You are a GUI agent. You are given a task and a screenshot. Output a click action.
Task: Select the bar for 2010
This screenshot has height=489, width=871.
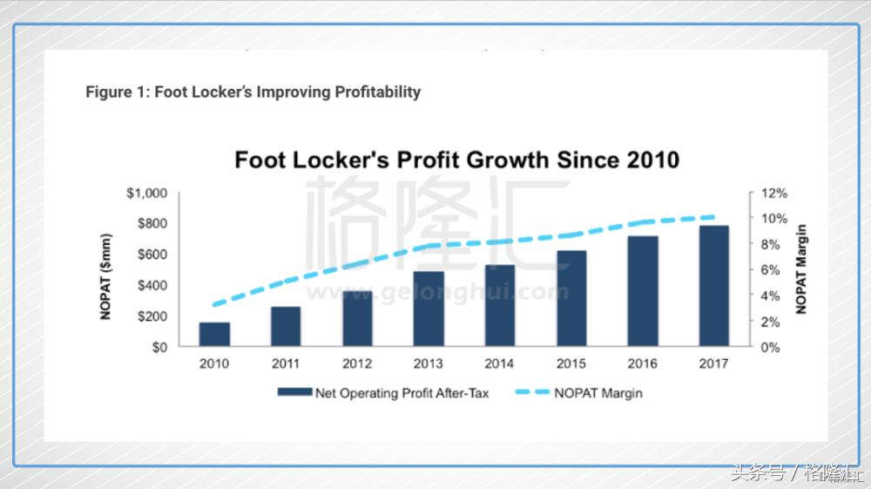click(214, 335)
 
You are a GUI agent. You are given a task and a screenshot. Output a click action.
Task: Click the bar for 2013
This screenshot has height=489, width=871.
click(429, 309)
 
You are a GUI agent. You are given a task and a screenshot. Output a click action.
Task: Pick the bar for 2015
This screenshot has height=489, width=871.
click(571, 299)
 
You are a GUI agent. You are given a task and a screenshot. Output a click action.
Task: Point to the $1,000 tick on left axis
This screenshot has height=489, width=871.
click(148, 194)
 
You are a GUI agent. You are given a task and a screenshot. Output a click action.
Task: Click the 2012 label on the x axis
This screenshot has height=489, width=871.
click(357, 363)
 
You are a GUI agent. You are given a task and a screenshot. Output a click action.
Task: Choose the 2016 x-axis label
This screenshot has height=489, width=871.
click(643, 363)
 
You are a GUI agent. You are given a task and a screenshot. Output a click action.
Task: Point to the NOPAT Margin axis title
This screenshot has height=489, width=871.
click(802, 269)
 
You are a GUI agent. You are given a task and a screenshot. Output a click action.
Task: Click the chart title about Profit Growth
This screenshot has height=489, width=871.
click(457, 161)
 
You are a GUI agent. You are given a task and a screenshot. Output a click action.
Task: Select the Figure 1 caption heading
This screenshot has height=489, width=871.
click(253, 92)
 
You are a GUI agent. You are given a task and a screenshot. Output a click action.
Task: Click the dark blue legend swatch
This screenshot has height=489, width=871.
click(294, 393)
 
